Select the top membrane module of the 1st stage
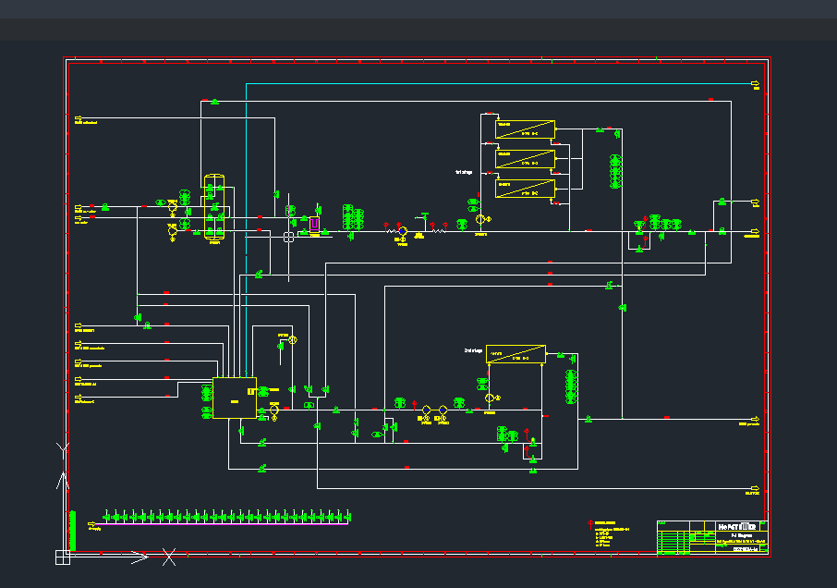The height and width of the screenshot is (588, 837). point(524,129)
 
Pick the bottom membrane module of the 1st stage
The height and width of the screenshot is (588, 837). point(524,189)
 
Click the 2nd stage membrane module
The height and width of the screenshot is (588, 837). point(516,354)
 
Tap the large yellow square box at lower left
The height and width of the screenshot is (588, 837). point(234,398)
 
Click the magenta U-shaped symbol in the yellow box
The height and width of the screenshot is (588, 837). point(314,224)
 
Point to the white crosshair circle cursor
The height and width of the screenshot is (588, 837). point(288,237)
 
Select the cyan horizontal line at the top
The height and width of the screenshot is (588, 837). point(499,83)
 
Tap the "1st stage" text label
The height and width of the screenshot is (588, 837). point(464,172)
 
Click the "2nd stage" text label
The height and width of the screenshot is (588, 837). point(473,351)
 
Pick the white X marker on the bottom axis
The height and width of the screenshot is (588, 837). point(168,557)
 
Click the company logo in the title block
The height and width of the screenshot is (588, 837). point(737,526)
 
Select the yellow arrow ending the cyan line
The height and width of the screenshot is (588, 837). point(756,84)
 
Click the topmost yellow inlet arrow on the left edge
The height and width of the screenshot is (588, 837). point(79,121)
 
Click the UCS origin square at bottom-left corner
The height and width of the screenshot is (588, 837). point(62,557)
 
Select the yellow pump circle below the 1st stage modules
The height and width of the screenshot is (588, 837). point(480,219)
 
